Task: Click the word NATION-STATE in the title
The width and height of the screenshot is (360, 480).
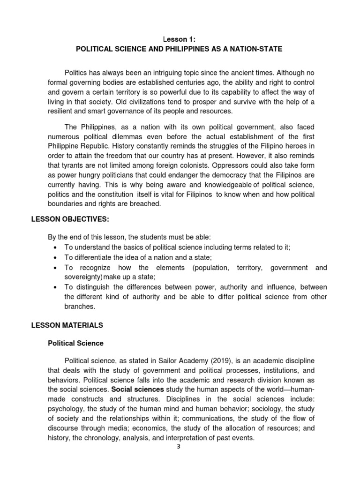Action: pos(257,49)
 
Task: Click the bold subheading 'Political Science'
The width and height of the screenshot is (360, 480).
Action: pos(75,343)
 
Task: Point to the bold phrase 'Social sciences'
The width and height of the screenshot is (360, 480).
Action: pos(141,390)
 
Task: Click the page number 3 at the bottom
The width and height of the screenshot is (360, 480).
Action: pos(178,447)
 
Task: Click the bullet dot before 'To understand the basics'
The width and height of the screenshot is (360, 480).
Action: pos(55,247)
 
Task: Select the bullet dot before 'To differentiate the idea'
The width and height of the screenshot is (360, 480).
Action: pos(55,257)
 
